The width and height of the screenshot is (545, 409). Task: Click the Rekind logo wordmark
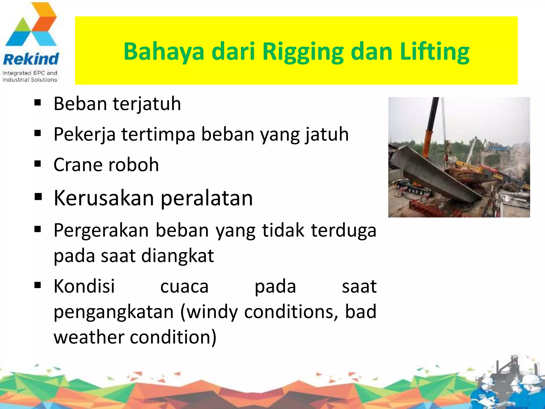[31, 59]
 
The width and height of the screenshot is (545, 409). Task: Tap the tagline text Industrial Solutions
[30, 80]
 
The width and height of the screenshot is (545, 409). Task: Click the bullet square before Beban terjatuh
[38, 103]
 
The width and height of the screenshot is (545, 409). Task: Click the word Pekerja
[84, 134]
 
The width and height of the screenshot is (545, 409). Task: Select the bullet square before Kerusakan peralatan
[38, 197]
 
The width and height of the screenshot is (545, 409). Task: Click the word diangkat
[177, 256]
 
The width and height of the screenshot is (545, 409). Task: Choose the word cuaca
[184, 287]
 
